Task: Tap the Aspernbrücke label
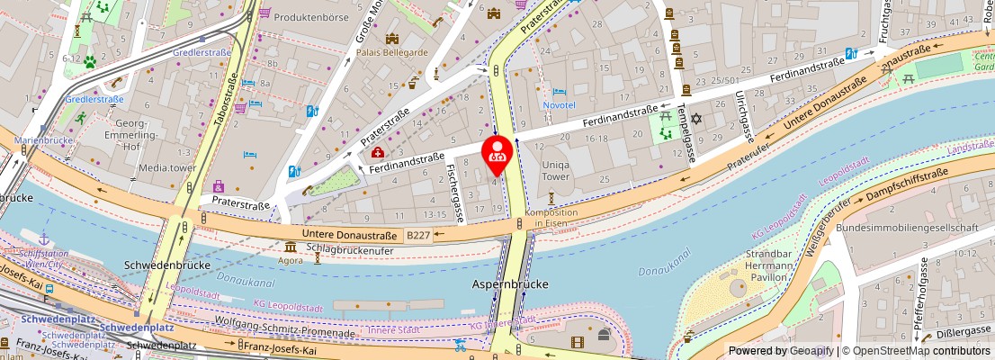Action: click(x=510, y=284)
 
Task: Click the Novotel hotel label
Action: click(x=559, y=105)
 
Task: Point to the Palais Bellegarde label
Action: click(x=391, y=51)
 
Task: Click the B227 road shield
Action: click(x=417, y=236)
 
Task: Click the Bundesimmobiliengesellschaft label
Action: click(x=906, y=228)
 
